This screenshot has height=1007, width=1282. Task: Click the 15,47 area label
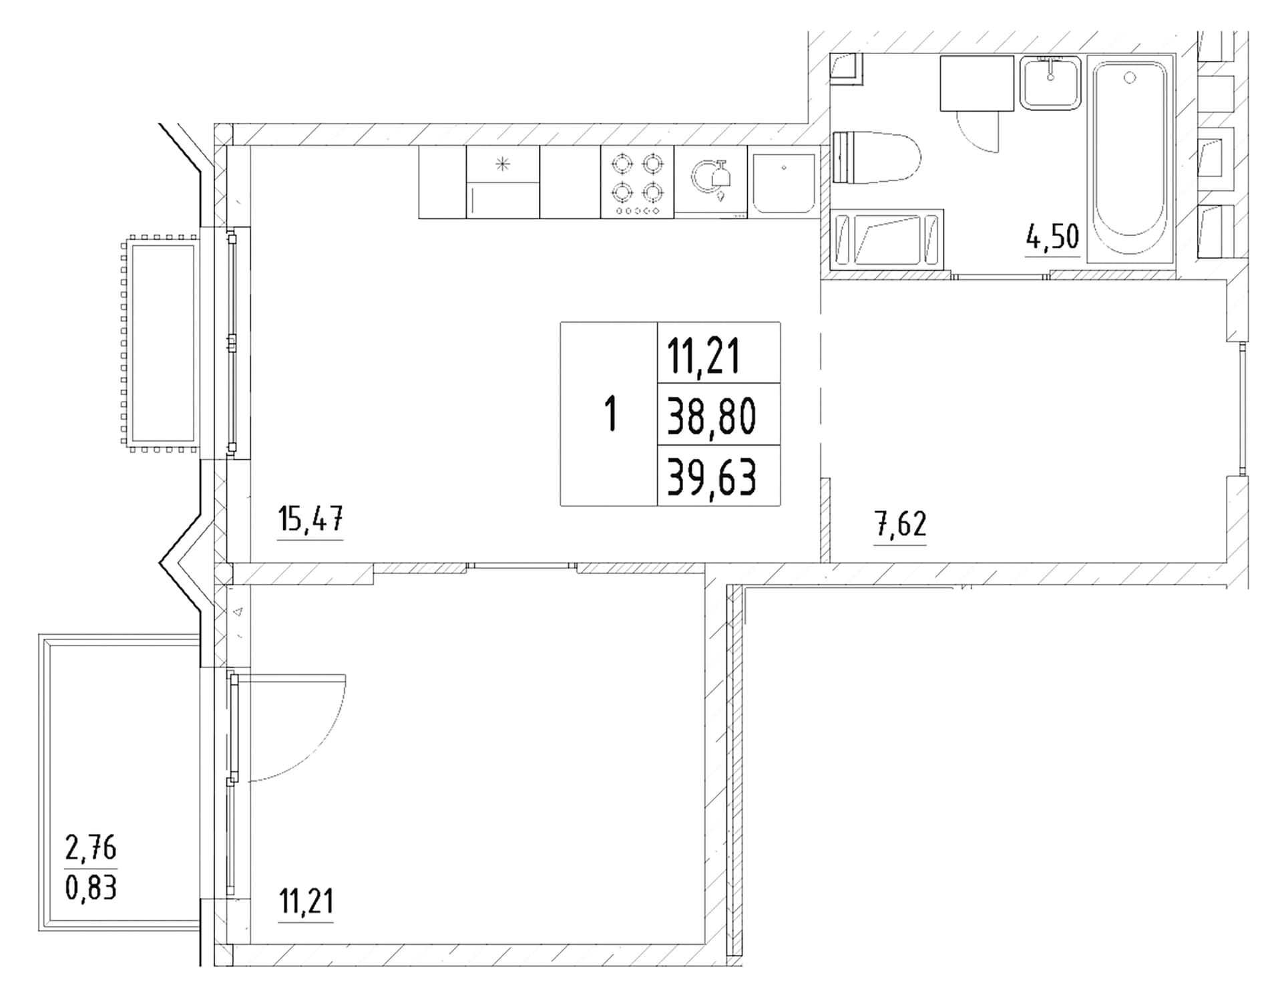point(310,519)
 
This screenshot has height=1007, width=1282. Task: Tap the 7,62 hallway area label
point(901,525)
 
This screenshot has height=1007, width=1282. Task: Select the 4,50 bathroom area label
point(1053,237)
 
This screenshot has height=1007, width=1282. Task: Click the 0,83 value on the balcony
point(91,887)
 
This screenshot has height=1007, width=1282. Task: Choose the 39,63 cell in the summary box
point(712,477)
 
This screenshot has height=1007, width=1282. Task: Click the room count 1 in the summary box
point(610,414)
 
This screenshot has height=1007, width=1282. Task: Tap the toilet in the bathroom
point(877,158)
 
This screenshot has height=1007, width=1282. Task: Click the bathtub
point(1130,158)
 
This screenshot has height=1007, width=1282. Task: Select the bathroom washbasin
point(1050,84)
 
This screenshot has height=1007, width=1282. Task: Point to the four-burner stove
point(637,182)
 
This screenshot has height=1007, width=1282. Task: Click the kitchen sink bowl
point(784,183)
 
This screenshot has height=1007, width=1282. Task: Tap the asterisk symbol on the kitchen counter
point(503,164)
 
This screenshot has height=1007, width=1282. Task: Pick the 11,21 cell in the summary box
point(704,357)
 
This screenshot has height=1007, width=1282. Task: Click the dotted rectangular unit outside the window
point(160,343)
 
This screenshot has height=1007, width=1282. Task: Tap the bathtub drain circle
point(1130,78)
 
